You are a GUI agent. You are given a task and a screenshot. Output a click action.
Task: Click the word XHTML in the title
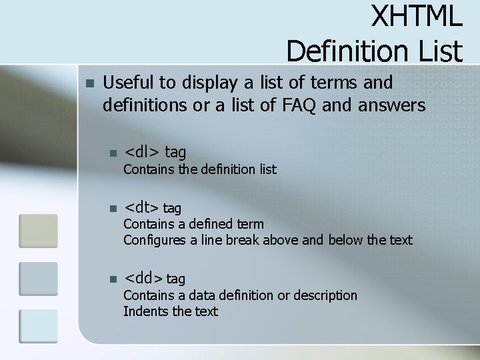(x=416, y=17)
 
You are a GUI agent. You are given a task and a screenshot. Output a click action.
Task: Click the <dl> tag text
(x=155, y=153)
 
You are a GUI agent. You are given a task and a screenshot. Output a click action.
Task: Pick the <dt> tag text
(x=153, y=208)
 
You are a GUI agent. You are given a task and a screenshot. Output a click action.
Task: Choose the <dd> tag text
(x=155, y=278)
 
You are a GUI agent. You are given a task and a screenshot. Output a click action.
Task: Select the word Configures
(x=155, y=240)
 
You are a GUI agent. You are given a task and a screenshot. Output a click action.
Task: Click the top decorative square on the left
(x=38, y=231)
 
